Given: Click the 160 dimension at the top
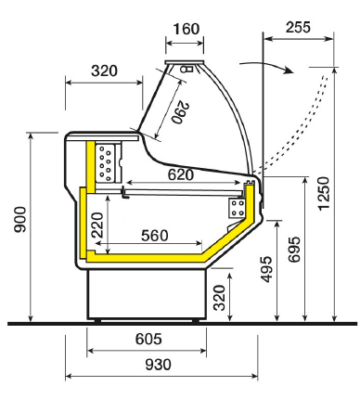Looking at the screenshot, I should [x=186, y=30].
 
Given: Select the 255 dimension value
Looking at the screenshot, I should [x=298, y=27].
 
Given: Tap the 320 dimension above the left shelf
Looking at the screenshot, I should [x=105, y=71].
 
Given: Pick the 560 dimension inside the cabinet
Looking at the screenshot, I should [x=154, y=236].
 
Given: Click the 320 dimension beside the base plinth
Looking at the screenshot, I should [x=218, y=298].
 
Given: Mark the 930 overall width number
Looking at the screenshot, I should [x=158, y=365].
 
